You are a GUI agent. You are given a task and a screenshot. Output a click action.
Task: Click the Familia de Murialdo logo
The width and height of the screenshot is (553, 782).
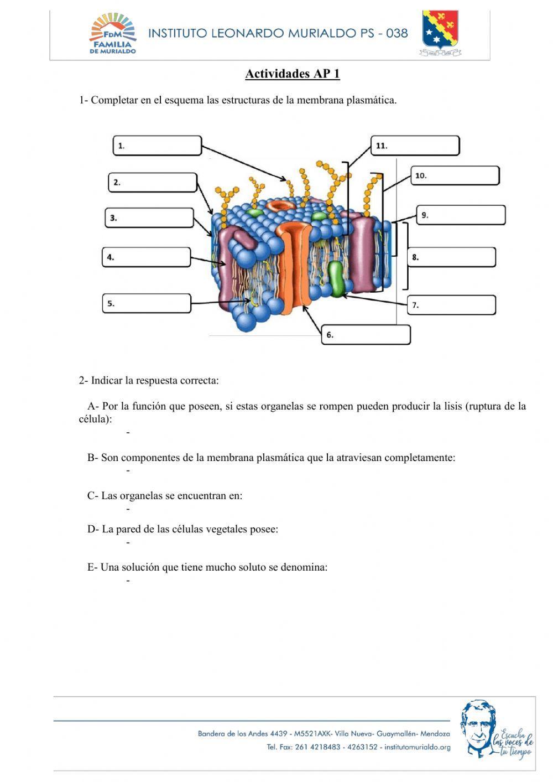point(113,34)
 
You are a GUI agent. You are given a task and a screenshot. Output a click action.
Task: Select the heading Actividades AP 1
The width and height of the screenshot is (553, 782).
point(292,74)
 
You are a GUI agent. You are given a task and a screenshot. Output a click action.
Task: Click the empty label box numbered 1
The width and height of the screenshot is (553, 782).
point(158,146)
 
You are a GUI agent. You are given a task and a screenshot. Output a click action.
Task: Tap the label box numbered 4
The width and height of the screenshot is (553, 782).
point(146,257)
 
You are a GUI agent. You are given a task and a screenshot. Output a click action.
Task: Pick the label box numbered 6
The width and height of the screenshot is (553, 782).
point(366,335)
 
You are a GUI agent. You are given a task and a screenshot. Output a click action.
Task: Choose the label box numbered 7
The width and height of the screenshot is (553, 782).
point(451,305)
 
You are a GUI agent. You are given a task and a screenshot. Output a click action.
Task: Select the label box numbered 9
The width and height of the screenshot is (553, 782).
point(461,215)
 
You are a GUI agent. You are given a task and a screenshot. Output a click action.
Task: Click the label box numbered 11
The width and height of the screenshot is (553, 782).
point(415,146)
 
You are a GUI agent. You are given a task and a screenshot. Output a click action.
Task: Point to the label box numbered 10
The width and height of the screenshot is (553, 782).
point(455,175)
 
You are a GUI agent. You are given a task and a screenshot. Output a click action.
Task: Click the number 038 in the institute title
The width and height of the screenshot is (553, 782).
point(397,33)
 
